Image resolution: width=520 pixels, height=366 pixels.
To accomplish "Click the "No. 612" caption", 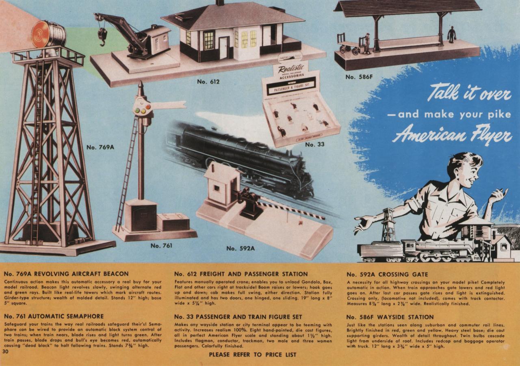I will (x=208, y=82).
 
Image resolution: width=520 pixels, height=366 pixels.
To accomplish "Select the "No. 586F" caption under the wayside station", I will (x=359, y=77).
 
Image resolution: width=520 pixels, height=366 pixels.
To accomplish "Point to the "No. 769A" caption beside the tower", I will (x=100, y=147).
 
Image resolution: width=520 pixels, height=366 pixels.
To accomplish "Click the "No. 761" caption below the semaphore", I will (x=161, y=245).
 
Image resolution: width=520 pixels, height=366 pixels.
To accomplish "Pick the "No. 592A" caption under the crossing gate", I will (x=240, y=248).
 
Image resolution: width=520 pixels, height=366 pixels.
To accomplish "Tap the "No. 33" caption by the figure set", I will (x=315, y=144).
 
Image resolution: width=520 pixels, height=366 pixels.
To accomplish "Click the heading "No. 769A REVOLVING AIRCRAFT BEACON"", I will (x=66, y=274).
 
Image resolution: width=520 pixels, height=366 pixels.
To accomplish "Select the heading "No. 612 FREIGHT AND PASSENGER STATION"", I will (x=241, y=274).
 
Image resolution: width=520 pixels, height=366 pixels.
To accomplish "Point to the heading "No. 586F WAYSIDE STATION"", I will (x=390, y=317).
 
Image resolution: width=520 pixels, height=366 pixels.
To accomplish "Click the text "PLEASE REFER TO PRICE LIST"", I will (x=252, y=355).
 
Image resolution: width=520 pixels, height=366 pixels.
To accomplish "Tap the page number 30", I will (x=5, y=352).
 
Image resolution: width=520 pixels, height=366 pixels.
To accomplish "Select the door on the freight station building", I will (x=224, y=48).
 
